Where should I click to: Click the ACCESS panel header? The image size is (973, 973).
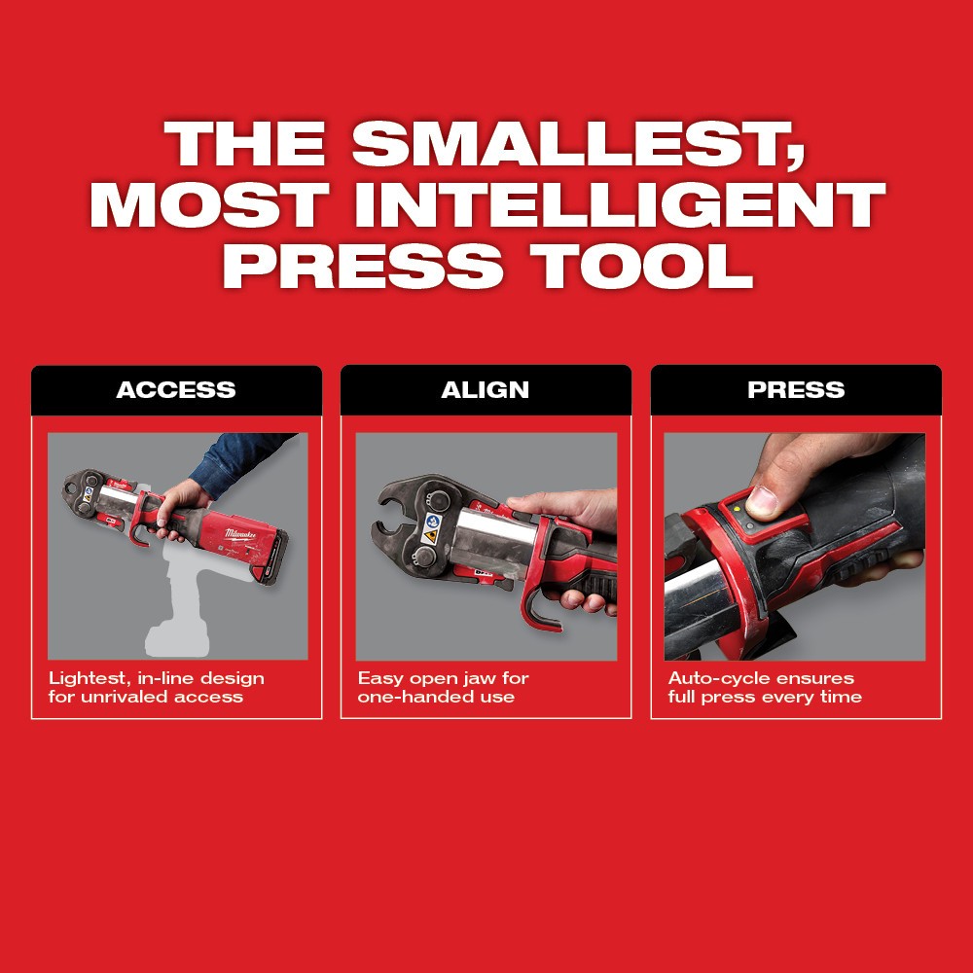(176, 390)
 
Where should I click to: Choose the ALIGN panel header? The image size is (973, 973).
(486, 390)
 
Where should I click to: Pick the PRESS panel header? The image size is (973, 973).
(796, 390)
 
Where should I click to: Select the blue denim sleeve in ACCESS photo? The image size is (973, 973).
(238, 462)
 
